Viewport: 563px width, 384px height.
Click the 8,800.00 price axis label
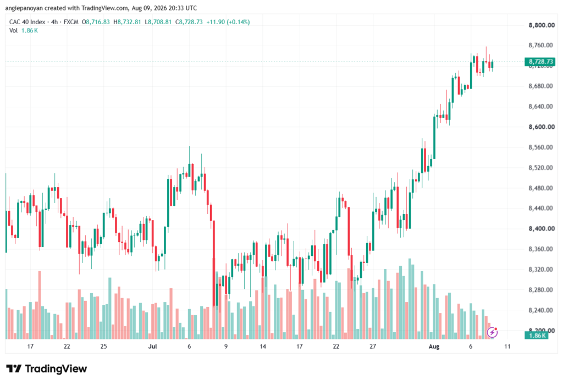click(542, 25)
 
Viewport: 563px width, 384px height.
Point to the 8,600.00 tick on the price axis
click(542, 127)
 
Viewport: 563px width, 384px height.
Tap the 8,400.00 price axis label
click(542, 228)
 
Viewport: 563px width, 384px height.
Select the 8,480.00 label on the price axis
click(542, 188)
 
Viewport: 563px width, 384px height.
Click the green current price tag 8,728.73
click(540, 62)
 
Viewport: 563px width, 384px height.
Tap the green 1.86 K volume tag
click(537, 336)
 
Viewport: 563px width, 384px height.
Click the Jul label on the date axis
click(153, 347)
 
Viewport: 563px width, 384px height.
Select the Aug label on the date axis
click(434, 347)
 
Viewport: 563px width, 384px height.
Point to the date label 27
click(373, 347)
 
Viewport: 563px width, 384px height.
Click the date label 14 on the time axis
click(263, 347)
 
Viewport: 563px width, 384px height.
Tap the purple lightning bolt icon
click(492, 333)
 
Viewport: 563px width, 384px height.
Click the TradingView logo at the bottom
click(47, 369)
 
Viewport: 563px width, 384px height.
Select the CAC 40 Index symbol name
click(27, 22)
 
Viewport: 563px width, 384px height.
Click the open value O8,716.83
click(96, 22)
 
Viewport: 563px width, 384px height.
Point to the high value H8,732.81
click(127, 22)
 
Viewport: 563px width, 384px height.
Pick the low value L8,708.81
click(158, 22)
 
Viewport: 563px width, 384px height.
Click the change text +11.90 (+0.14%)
click(228, 22)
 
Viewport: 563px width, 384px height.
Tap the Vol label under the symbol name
click(13, 31)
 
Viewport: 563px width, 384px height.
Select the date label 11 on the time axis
click(507, 347)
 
